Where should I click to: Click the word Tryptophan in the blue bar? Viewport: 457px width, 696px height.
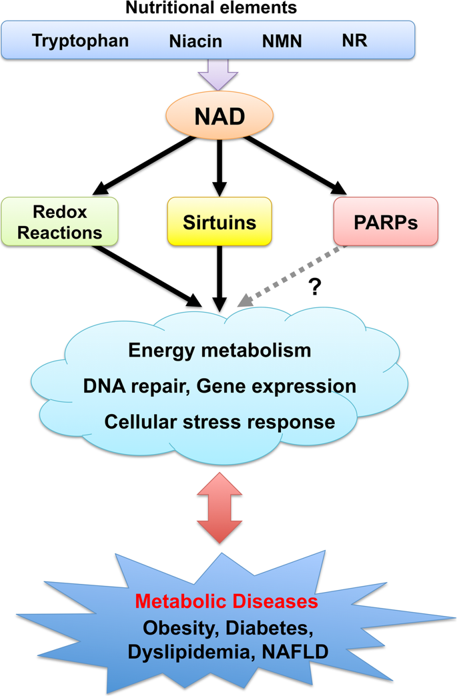coord(80,41)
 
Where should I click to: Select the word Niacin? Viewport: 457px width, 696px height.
coord(195,41)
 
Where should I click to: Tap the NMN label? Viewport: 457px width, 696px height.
coord(282,41)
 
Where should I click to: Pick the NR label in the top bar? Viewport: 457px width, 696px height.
coord(354,41)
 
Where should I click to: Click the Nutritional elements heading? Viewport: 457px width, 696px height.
coord(211,7)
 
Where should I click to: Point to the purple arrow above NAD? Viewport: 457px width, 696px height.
coord(218,74)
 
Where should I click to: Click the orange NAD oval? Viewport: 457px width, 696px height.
coord(219,115)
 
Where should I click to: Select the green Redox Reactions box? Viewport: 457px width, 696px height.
coord(59,221)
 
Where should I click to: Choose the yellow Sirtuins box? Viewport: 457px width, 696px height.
coord(219,221)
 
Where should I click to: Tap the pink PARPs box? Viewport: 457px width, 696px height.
coord(386,221)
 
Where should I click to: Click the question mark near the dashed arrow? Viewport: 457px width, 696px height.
coord(314,287)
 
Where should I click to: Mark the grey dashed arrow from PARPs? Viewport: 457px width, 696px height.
coord(292,275)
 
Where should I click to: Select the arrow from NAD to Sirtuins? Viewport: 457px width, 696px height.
coord(219,168)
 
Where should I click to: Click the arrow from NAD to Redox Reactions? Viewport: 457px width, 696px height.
coord(144,165)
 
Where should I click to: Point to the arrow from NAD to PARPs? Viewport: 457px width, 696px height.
coord(296,165)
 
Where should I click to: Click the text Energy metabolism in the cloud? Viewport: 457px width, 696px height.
coord(220,350)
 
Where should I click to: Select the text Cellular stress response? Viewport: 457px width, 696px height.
coord(220,422)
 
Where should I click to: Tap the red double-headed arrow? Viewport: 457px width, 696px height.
coord(219,508)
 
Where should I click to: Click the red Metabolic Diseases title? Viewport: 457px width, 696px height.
coord(227,601)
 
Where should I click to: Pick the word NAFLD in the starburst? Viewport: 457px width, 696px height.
coord(296,652)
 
